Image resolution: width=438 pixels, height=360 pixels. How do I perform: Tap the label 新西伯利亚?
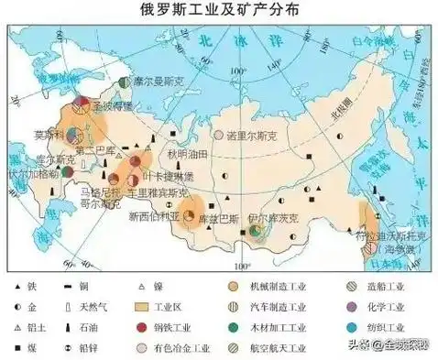[157, 217]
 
